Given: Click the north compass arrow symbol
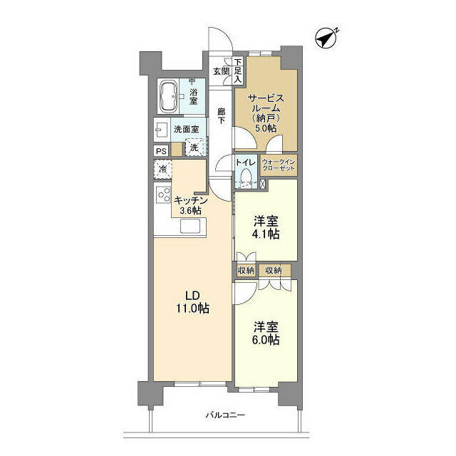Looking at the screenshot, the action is [x=326, y=38].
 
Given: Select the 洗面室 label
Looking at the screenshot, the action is [x=187, y=129].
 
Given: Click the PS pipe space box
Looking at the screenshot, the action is [x=161, y=151].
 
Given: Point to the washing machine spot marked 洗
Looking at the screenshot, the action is [x=194, y=147].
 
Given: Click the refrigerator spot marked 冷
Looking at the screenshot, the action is [x=163, y=170].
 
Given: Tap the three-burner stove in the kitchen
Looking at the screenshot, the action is [x=163, y=195].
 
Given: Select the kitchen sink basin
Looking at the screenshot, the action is [x=190, y=226].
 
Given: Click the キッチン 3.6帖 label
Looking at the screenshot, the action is [x=190, y=205].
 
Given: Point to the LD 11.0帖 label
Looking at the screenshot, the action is [x=192, y=302].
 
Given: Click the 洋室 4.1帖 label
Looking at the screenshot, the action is [x=266, y=227].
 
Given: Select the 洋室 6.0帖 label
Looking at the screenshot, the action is [x=266, y=333].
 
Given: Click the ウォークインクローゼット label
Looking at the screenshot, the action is [x=279, y=165].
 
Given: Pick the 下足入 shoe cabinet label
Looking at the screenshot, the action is [x=238, y=71].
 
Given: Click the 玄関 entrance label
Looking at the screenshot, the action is [x=222, y=71].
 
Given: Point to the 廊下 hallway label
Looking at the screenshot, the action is [x=222, y=115].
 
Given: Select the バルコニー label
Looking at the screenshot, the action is [x=225, y=415].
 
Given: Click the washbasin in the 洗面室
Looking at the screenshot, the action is [x=162, y=129].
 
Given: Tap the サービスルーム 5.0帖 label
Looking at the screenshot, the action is [x=266, y=113].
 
